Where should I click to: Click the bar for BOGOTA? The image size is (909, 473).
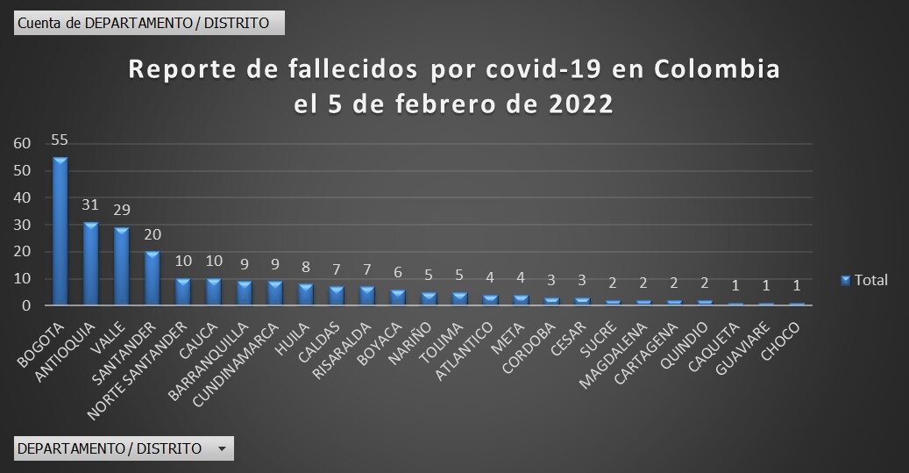click(x=60, y=233)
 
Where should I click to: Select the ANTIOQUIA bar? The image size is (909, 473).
click(x=90, y=264)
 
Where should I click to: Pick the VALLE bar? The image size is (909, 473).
click(x=121, y=267)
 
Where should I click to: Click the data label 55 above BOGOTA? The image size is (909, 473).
click(x=60, y=140)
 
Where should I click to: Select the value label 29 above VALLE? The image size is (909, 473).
click(x=121, y=211)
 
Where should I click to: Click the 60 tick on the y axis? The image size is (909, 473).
click(x=22, y=144)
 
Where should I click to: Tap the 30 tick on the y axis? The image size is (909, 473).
click(x=22, y=226)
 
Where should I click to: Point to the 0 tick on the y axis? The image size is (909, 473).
click(x=26, y=306)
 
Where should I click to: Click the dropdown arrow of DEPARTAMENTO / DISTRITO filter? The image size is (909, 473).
click(x=222, y=449)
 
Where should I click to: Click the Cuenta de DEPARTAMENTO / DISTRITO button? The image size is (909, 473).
click(x=149, y=23)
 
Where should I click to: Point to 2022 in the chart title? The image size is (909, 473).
click(x=581, y=104)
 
